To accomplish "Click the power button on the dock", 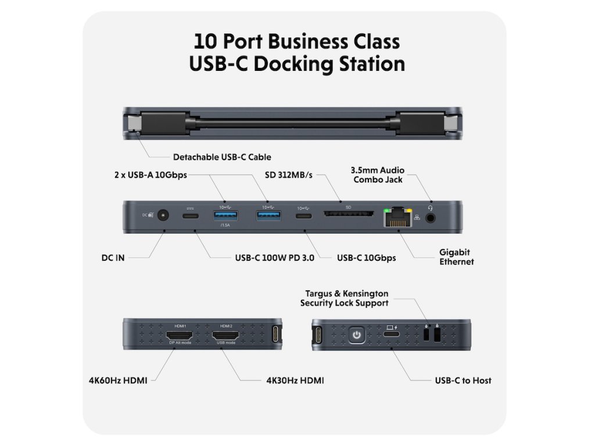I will (x=357, y=334).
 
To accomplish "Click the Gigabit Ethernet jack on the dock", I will (x=397, y=217).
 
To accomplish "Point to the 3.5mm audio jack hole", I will (x=431, y=218).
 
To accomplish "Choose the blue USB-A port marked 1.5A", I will (x=224, y=216).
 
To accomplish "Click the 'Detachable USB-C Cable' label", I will (x=222, y=157).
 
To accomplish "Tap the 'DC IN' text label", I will (x=113, y=257).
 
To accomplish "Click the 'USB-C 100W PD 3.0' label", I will (x=274, y=257).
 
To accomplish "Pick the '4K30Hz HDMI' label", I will (x=295, y=380).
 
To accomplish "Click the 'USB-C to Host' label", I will (x=463, y=380).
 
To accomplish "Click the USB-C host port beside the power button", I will (x=390, y=336).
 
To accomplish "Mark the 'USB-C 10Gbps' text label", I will (x=366, y=257).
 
